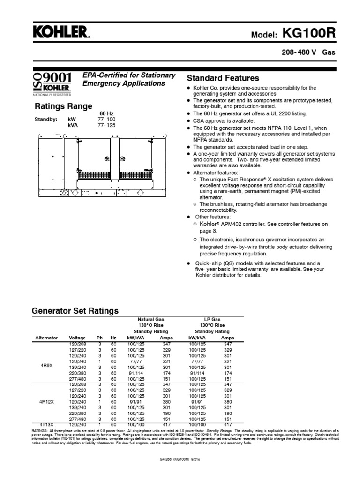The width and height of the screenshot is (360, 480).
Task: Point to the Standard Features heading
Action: point(223,78)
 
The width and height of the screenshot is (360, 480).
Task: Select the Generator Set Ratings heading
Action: point(75,311)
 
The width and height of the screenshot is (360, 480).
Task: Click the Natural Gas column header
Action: point(151,319)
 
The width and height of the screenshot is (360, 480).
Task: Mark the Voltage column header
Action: point(77,337)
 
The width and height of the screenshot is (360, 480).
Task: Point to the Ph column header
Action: point(99,337)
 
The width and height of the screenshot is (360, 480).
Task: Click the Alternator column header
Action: point(46,337)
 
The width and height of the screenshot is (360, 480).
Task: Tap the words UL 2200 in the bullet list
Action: point(282,113)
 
